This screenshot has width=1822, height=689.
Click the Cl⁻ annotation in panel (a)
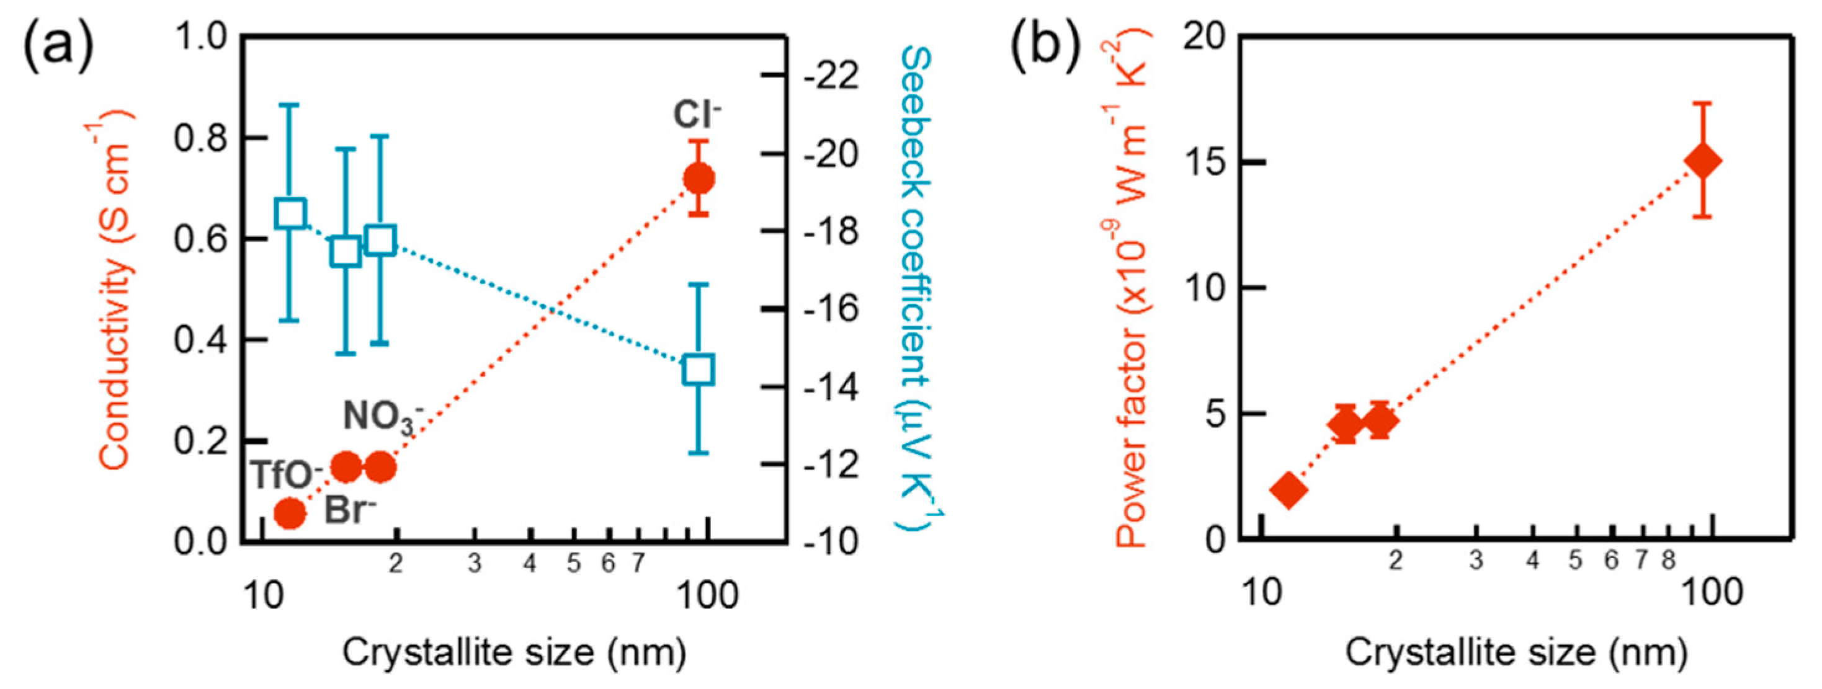[696, 114]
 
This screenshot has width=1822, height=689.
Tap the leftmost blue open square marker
[290, 213]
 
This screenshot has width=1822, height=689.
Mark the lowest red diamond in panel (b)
[1288, 489]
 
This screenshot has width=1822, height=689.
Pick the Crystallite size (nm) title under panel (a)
[514, 652]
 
